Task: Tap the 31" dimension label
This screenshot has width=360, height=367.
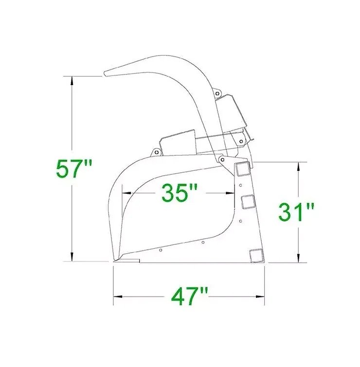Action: [x=297, y=213]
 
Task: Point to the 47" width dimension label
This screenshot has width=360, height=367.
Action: [x=189, y=296]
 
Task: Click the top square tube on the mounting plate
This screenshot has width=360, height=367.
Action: [x=243, y=169]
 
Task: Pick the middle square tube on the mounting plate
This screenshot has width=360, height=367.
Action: [x=248, y=202]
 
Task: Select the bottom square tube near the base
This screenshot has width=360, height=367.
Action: [x=256, y=256]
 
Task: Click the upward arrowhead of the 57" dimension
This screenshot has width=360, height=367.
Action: [x=72, y=81]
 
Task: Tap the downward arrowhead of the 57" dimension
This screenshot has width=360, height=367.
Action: [x=72, y=257]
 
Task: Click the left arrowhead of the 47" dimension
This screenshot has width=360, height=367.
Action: [x=118, y=296]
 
